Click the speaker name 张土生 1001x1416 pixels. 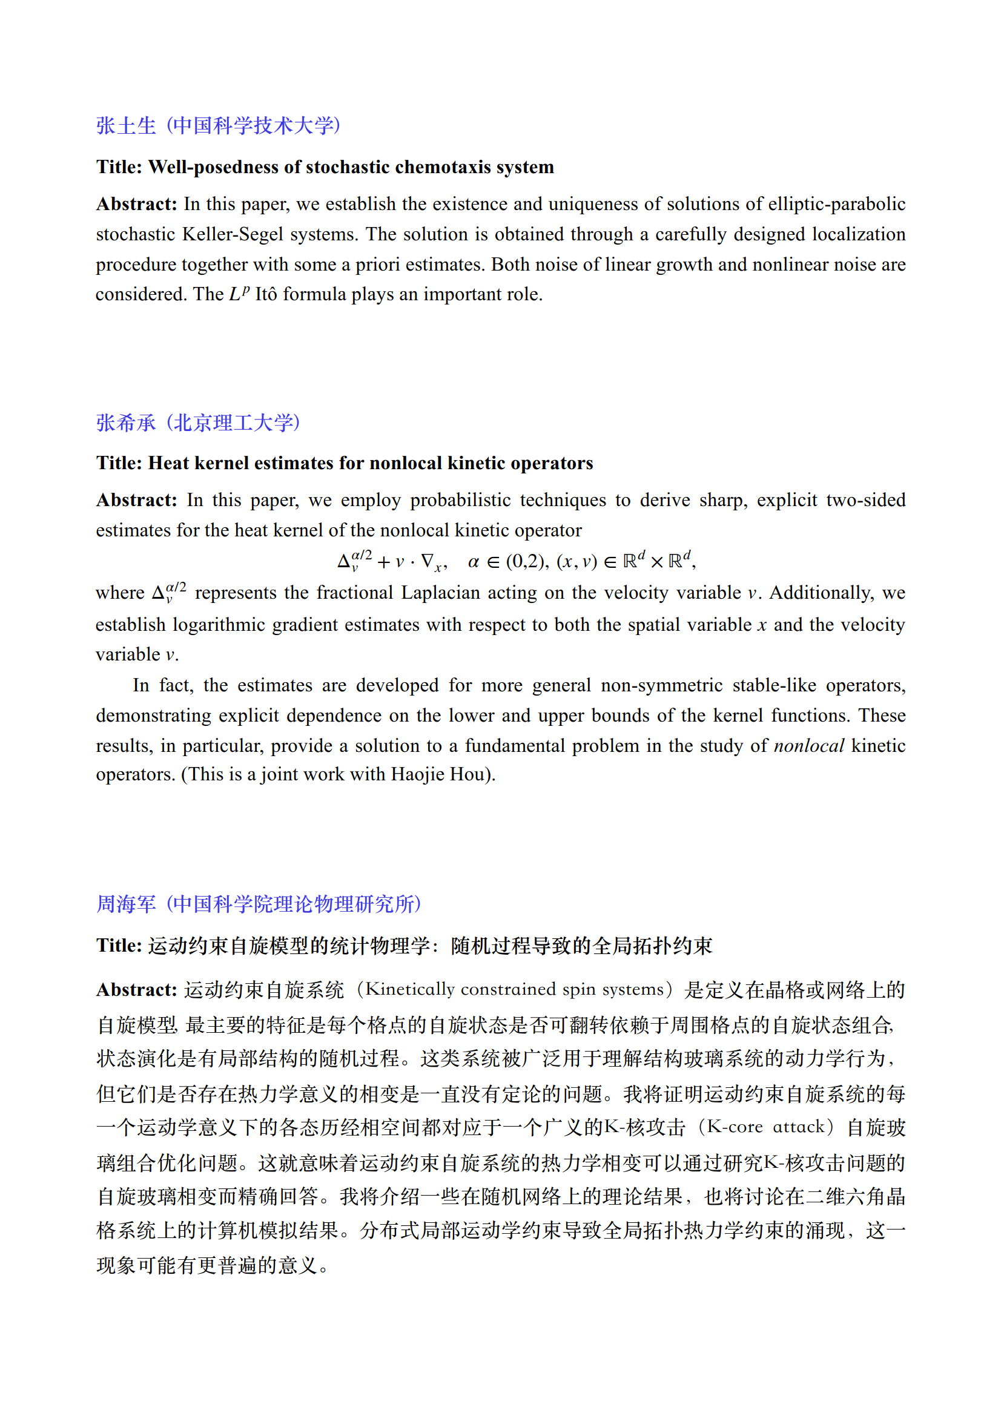coord(126,126)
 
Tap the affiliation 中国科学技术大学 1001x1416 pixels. coord(253,126)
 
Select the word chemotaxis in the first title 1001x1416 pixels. coord(443,167)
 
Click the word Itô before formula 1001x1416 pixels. coord(266,294)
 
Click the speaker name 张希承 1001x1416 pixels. coord(126,423)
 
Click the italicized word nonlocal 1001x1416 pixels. coord(808,746)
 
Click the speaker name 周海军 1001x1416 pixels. coord(126,904)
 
